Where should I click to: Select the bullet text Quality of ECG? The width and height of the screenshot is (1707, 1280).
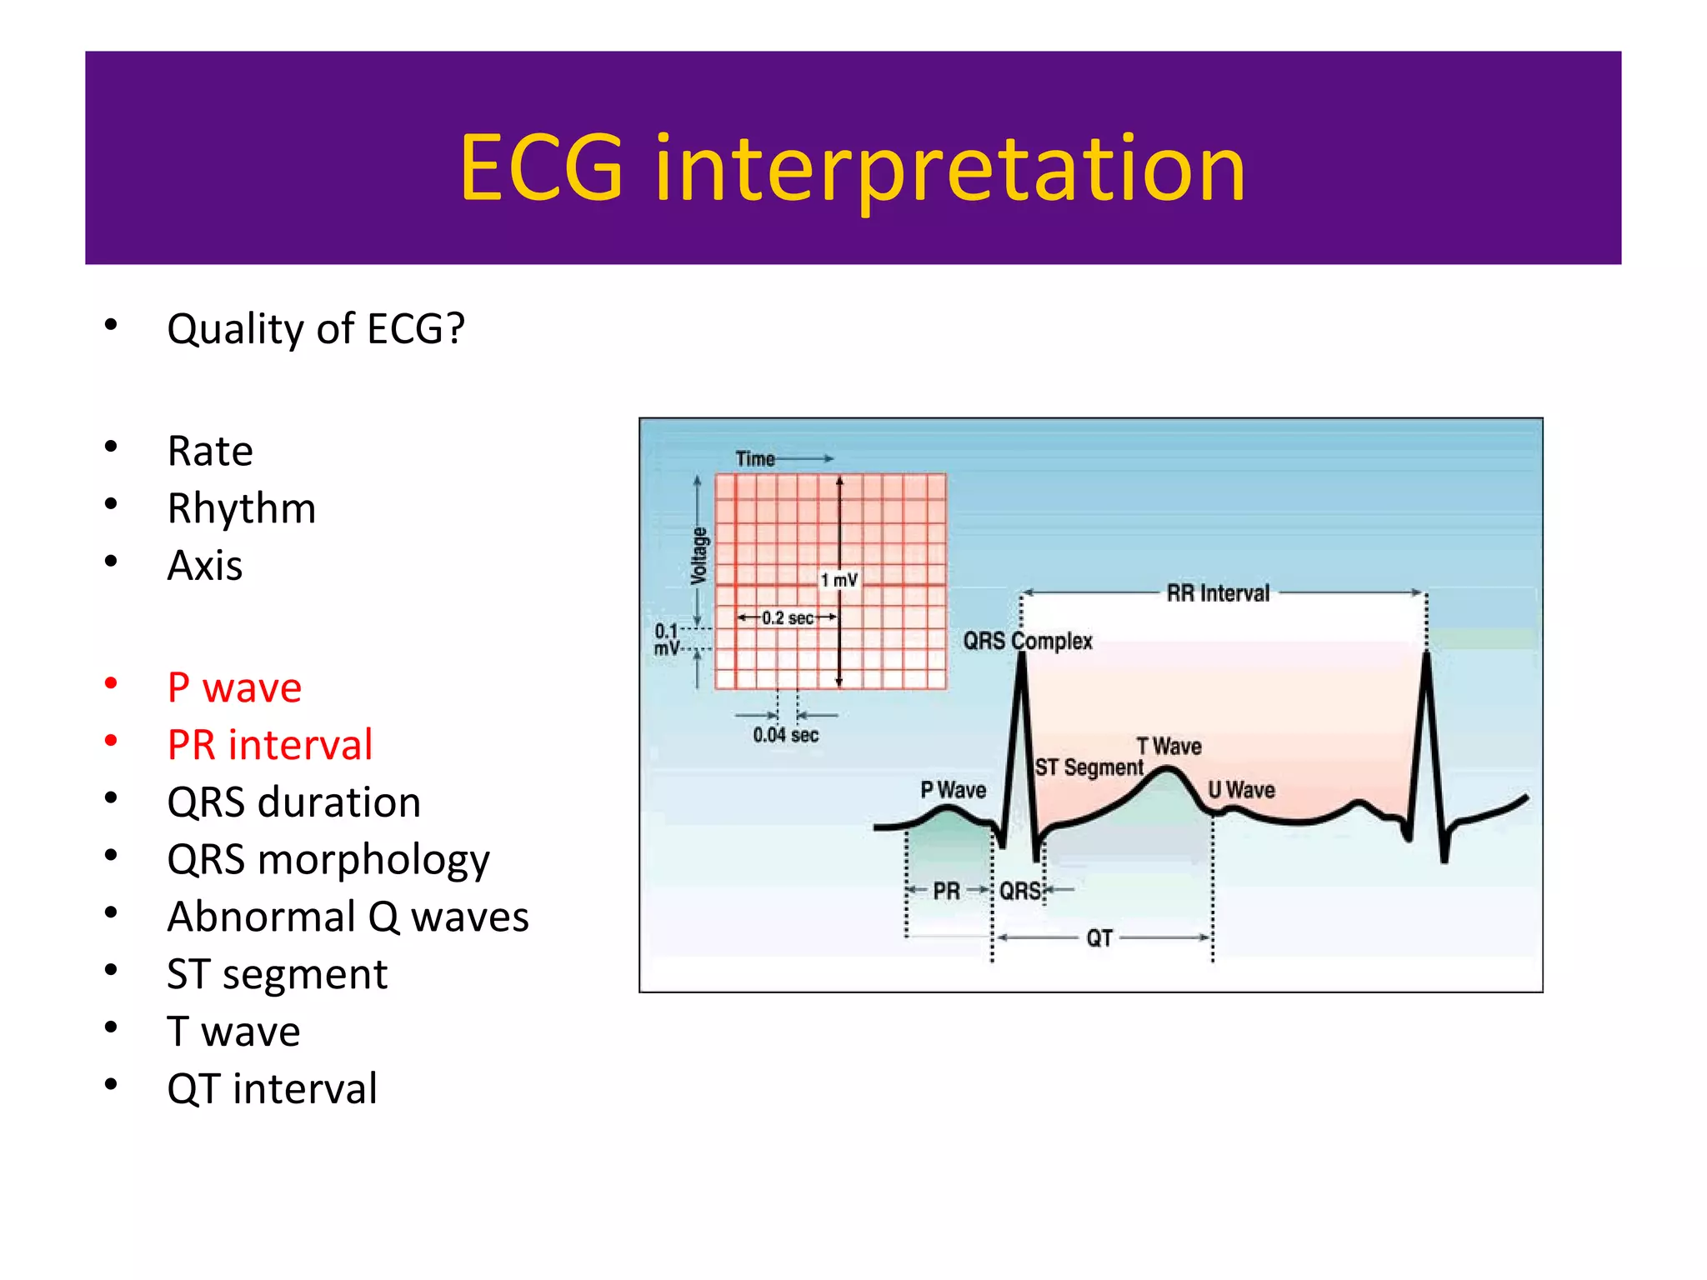coord(315,329)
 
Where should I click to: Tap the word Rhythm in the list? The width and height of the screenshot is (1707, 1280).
coord(242,508)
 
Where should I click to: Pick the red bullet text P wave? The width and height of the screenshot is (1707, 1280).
coord(234,688)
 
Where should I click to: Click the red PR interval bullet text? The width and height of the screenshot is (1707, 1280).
coord(269,745)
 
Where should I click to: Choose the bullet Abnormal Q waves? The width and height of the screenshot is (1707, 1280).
coord(348,917)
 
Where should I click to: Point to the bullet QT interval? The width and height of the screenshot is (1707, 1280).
coord(272,1089)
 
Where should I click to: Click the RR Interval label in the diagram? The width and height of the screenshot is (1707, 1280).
coord(1217,593)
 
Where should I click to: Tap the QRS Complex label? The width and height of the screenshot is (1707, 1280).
coord(1027,641)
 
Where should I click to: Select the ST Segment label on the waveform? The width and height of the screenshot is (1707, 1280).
coord(1089,767)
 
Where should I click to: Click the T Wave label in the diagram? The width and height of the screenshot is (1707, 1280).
coord(1169,746)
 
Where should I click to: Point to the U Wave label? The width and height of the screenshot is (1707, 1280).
coord(1241,789)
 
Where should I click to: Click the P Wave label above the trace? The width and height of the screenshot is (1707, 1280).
coord(953,789)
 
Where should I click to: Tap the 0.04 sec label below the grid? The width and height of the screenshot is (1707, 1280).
coord(785,735)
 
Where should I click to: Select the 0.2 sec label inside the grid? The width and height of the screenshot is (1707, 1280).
coord(787,617)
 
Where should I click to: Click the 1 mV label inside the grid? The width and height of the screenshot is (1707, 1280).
coord(838,580)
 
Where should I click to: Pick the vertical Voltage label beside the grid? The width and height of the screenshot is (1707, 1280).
coord(699,555)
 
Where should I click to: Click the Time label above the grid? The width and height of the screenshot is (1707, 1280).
coord(754,458)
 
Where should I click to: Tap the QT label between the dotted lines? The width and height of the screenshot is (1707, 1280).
coord(1099,938)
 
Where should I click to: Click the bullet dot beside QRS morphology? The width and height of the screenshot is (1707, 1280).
coord(111,855)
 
